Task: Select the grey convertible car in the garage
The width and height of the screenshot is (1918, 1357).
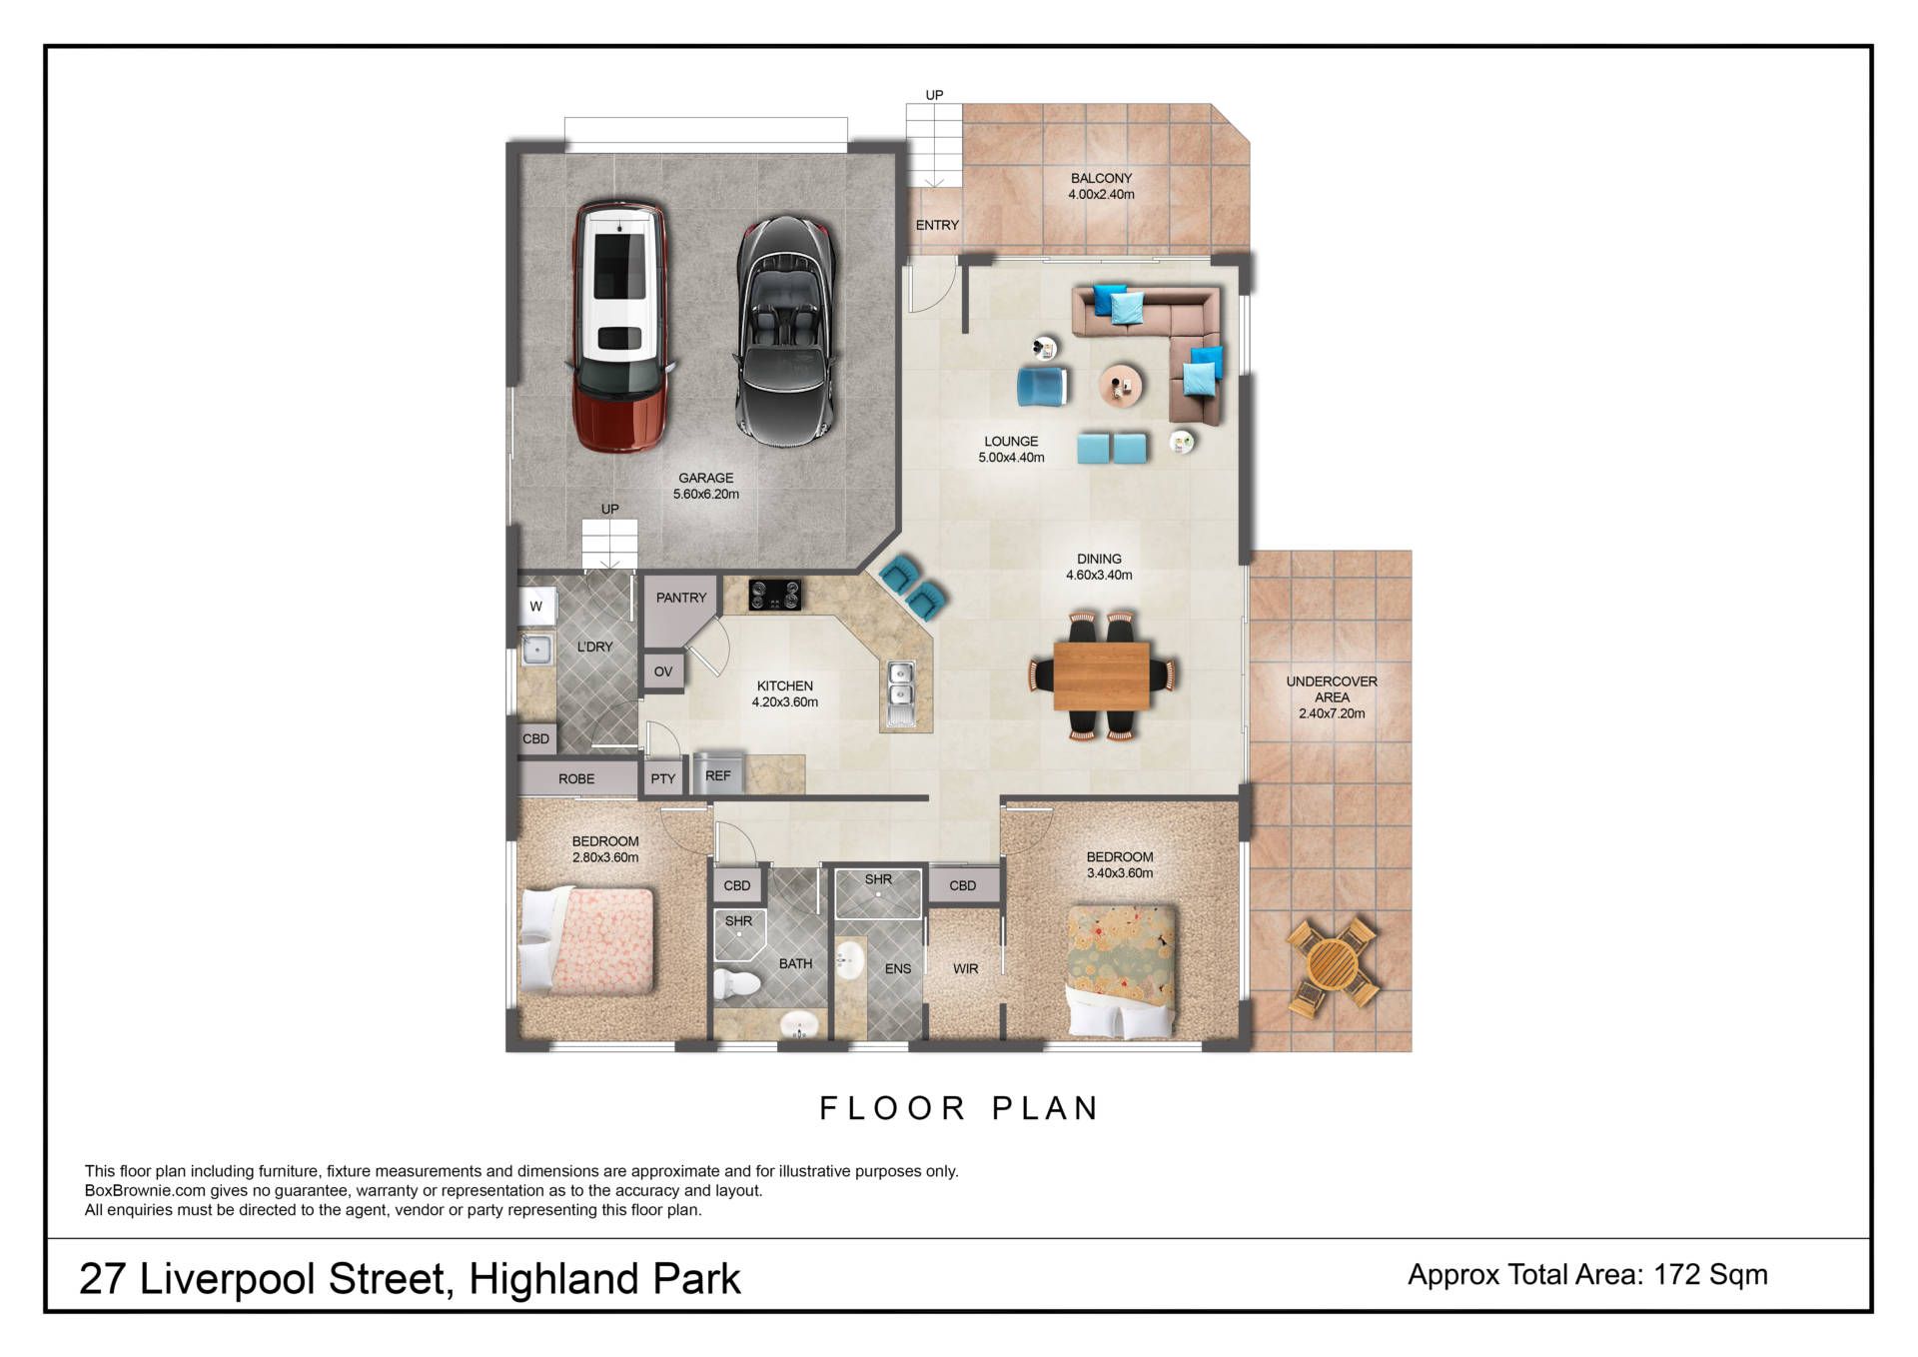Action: click(786, 331)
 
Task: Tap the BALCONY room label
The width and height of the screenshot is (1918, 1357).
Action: click(1101, 178)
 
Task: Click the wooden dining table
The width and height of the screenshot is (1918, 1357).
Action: click(1101, 676)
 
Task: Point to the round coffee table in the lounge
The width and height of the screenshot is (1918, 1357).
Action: click(1122, 385)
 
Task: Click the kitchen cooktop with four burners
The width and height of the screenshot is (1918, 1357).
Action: click(775, 595)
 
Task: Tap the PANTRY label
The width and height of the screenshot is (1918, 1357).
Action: click(681, 598)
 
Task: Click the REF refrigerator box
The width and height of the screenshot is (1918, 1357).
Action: click(718, 774)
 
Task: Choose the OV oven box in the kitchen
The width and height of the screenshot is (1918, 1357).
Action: click(663, 672)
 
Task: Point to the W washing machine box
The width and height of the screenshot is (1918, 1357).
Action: click(536, 606)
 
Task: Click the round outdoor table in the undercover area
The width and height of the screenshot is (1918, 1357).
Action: click(1333, 966)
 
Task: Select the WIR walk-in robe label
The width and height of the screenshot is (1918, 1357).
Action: click(965, 968)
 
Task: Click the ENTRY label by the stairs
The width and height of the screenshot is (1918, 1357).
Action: click(937, 225)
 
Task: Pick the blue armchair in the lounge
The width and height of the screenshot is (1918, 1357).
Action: click(1042, 387)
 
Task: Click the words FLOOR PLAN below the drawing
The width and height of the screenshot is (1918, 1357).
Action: click(959, 1108)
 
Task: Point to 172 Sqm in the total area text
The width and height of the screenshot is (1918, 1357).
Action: click(1710, 1274)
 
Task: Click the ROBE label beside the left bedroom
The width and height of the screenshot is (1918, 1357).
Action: click(576, 778)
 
